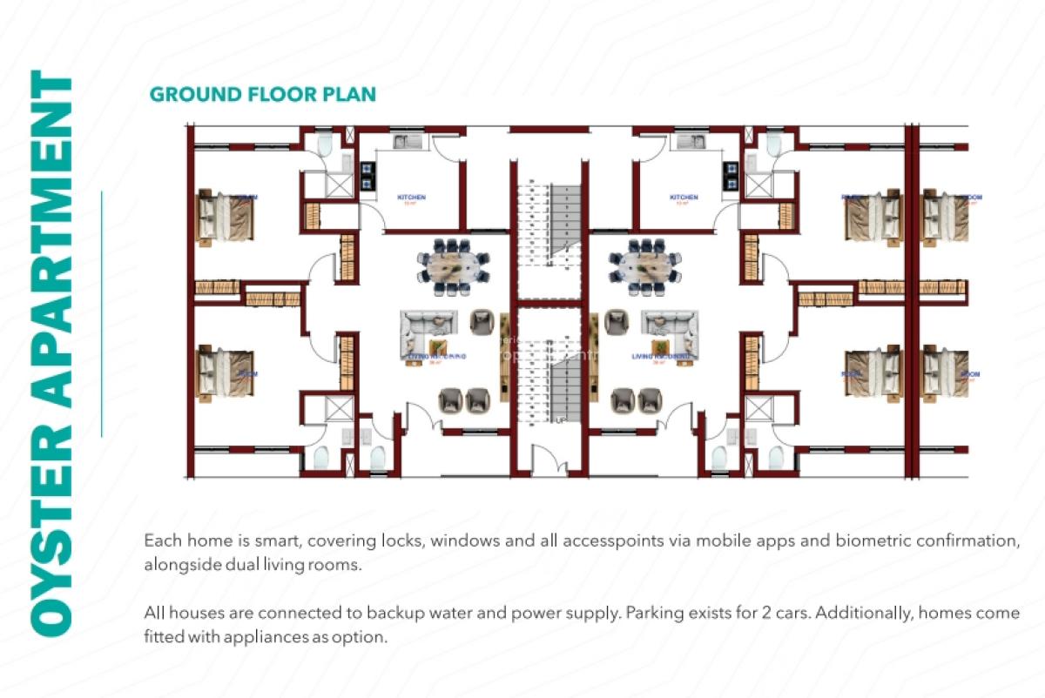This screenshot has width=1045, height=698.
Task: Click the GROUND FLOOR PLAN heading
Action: (262, 94)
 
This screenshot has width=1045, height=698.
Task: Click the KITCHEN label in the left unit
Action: (411, 198)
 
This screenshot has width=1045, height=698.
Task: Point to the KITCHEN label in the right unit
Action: (684, 198)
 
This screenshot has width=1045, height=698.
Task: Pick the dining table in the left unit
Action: (453, 263)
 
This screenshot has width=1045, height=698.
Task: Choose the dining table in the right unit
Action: (645, 263)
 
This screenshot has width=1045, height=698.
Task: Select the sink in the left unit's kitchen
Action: (407, 142)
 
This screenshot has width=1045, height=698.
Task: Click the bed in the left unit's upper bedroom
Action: (226, 215)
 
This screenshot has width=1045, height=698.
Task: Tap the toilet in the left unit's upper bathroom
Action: (324, 145)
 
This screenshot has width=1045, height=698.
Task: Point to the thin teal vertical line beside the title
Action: (102, 313)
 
